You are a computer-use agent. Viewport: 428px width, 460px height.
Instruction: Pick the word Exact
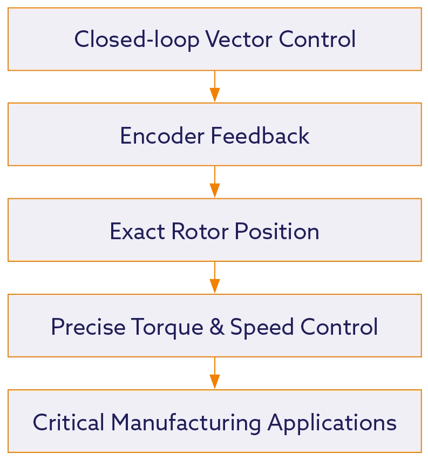(138, 232)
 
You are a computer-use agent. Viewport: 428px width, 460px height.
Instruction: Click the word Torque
(157, 327)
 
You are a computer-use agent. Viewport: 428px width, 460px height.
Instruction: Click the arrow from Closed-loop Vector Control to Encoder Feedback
(214, 86)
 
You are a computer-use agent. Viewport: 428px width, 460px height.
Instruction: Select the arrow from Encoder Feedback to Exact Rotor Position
(214, 182)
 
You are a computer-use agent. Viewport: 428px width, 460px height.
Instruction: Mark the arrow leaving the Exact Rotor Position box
(214, 278)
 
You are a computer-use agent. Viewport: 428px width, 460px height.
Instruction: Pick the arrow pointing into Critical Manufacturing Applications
(214, 374)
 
